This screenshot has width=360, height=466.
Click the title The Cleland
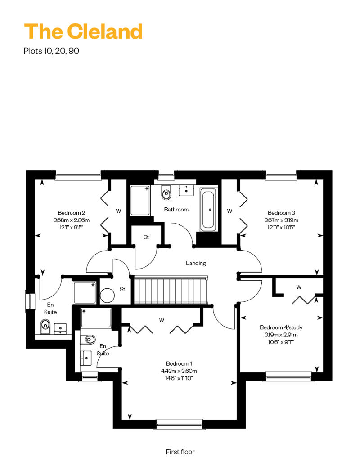click(83, 31)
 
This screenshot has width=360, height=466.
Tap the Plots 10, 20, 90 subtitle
click(51, 51)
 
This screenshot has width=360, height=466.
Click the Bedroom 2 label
click(72, 213)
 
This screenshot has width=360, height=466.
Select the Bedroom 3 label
click(281, 213)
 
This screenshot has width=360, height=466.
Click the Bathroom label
click(176, 210)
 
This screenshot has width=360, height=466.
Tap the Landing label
click(196, 263)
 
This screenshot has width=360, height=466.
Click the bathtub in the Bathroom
click(208, 210)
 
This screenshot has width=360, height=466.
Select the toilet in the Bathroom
click(166, 193)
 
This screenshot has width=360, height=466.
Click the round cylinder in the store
click(108, 296)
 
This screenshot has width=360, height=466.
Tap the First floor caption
click(180, 452)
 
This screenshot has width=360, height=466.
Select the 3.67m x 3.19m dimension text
click(281, 220)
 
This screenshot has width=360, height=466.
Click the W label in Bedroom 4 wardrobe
click(299, 287)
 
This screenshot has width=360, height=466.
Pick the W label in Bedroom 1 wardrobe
click(161, 320)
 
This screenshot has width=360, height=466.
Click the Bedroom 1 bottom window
click(179, 422)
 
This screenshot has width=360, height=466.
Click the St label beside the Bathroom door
click(146, 237)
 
